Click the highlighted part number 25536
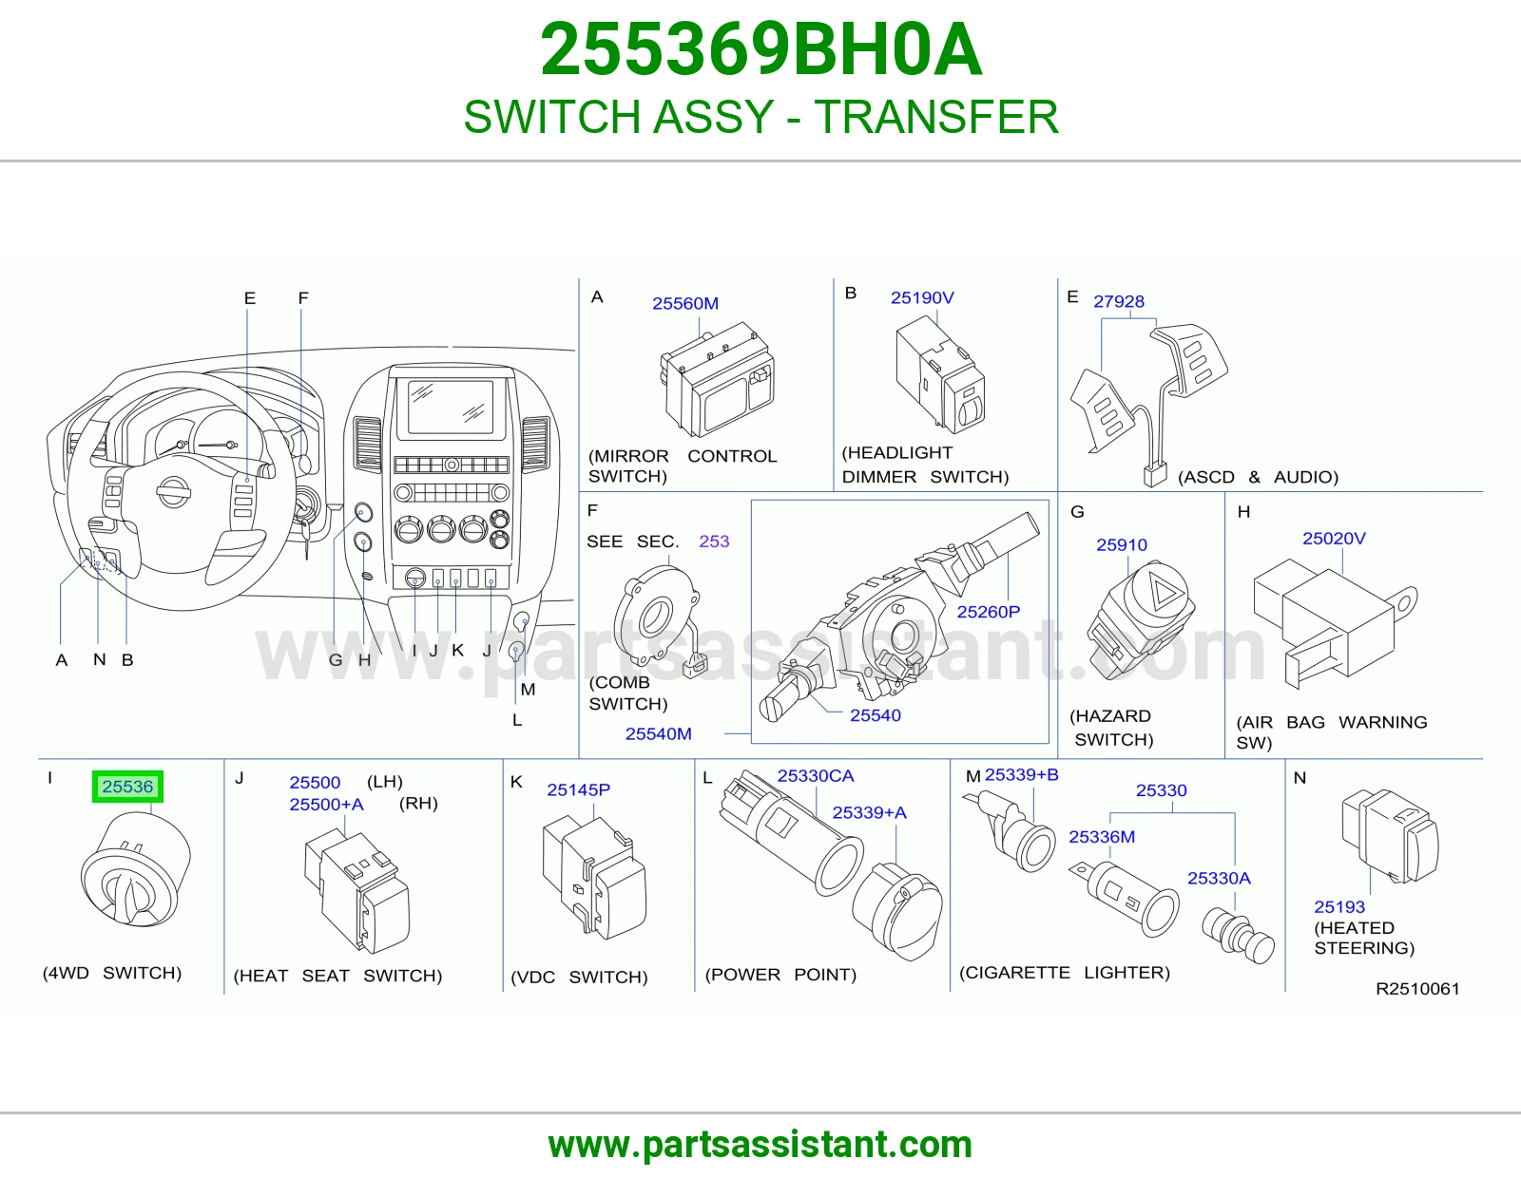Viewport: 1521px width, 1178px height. point(127,787)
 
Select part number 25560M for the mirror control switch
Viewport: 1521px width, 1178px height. point(685,303)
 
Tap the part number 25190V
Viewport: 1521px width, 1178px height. point(922,297)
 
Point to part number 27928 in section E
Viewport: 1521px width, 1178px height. point(1119,301)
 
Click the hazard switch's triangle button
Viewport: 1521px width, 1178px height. point(1165,592)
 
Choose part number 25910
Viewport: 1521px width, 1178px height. point(1122,544)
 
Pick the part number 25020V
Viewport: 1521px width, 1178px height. point(1334,538)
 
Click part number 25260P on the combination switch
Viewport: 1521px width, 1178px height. point(989,612)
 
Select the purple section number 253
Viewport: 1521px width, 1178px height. point(714,541)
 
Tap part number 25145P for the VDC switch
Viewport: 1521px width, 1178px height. point(578,789)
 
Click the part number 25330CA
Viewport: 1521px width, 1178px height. point(816,775)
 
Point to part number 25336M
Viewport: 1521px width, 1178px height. point(1102,836)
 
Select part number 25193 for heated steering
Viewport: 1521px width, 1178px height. point(1339,906)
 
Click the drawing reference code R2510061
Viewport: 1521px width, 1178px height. point(1417,988)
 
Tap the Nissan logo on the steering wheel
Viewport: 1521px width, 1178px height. point(173,491)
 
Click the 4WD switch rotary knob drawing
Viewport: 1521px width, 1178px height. point(135,869)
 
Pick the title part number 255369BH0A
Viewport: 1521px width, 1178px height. point(760,49)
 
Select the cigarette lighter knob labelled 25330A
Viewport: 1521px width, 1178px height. point(1238,937)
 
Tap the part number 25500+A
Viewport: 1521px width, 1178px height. point(326,804)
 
